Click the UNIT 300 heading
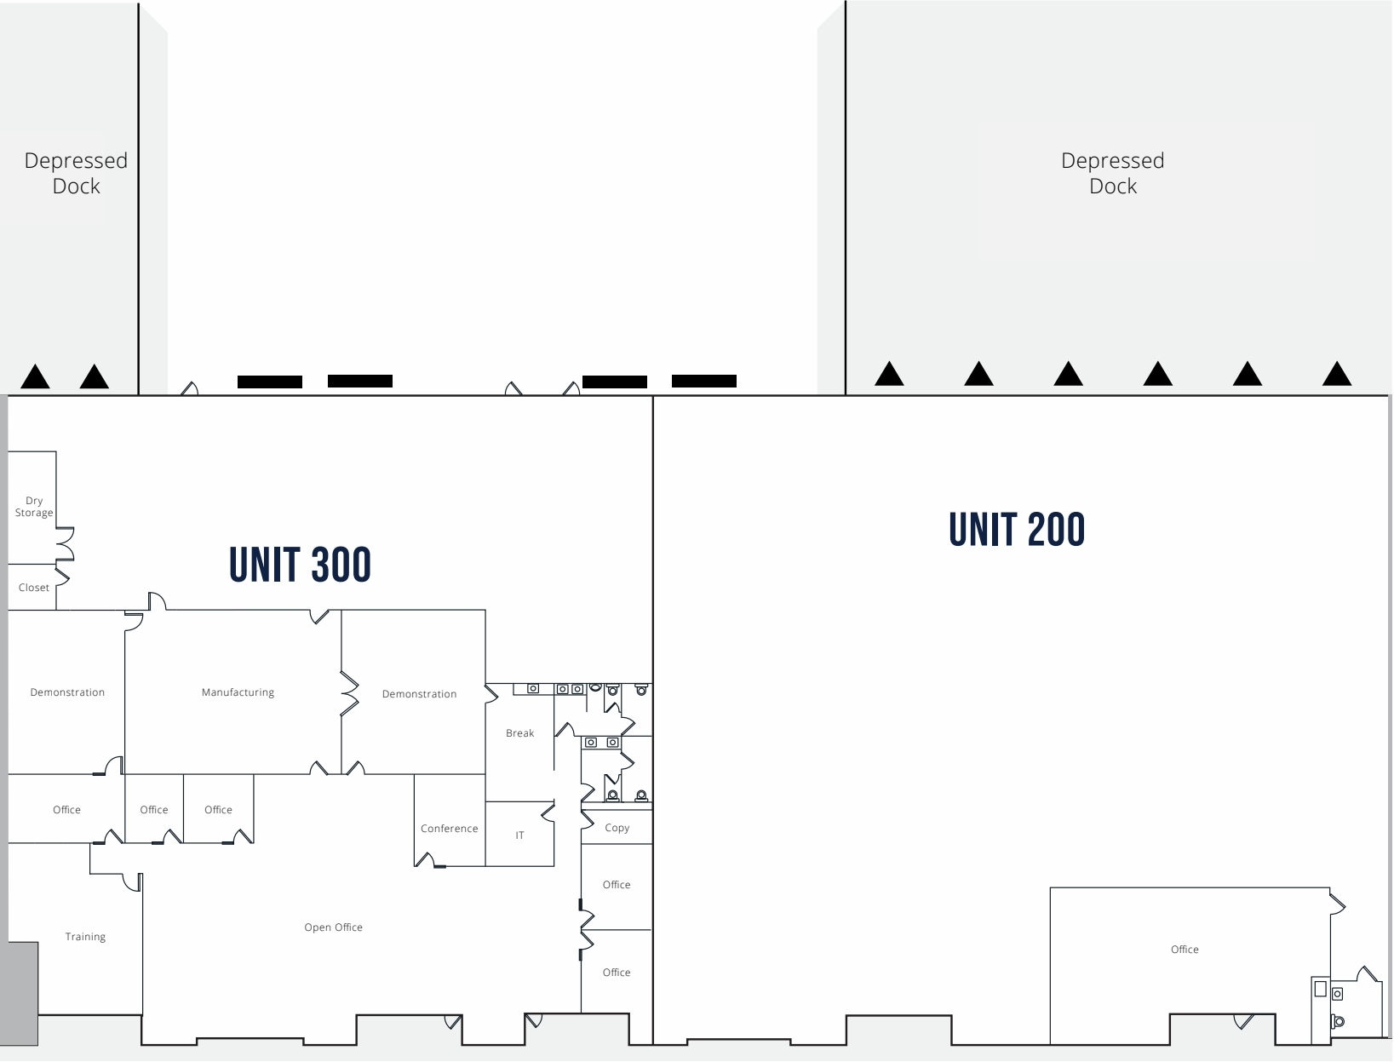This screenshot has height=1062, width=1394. pyautogui.click(x=300, y=565)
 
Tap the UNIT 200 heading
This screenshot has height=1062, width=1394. pyautogui.click(x=1017, y=530)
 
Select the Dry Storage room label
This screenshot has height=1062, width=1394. pyautogui.click(x=34, y=507)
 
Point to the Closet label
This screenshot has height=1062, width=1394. pyautogui.click(x=34, y=588)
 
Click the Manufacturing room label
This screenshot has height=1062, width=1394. pyautogui.click(x=238, y=692)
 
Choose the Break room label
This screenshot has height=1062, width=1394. pyautogui.click(x=519, y=733)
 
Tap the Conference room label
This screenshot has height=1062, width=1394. pyautogui.click(x=449, y=829)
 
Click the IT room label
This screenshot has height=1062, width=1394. pyautogui.click(x=519, y=835)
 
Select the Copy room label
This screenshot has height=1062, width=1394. pyautogui.click(x=617, y=828)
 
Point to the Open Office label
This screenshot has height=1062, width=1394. pyautogui.click(x=333, y=927)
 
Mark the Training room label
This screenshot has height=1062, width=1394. pyautogui.click(x=85, y=937)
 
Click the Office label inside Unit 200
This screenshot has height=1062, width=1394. pyautogui.click(x=1185, y=950)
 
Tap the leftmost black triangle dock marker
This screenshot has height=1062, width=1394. pyautogui.click(x=35, y=376)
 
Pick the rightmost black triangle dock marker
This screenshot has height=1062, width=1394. pyautogui.click(x=1337, y=374)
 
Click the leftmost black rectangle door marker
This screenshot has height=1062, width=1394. pyautogui.click(x=270, y=382)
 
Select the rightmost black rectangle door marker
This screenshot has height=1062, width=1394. pyautogui.click(x=704, y=381)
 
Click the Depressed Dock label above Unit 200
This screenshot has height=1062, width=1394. pyautogui.click(x=1112, y=173)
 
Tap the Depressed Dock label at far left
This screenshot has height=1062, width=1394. pyautogui.click(x=76, y=173)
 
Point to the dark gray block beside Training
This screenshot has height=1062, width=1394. pyautogui.click(x=20, y=993)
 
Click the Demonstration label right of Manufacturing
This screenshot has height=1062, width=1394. pyautogui.click(x=419, y=694)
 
